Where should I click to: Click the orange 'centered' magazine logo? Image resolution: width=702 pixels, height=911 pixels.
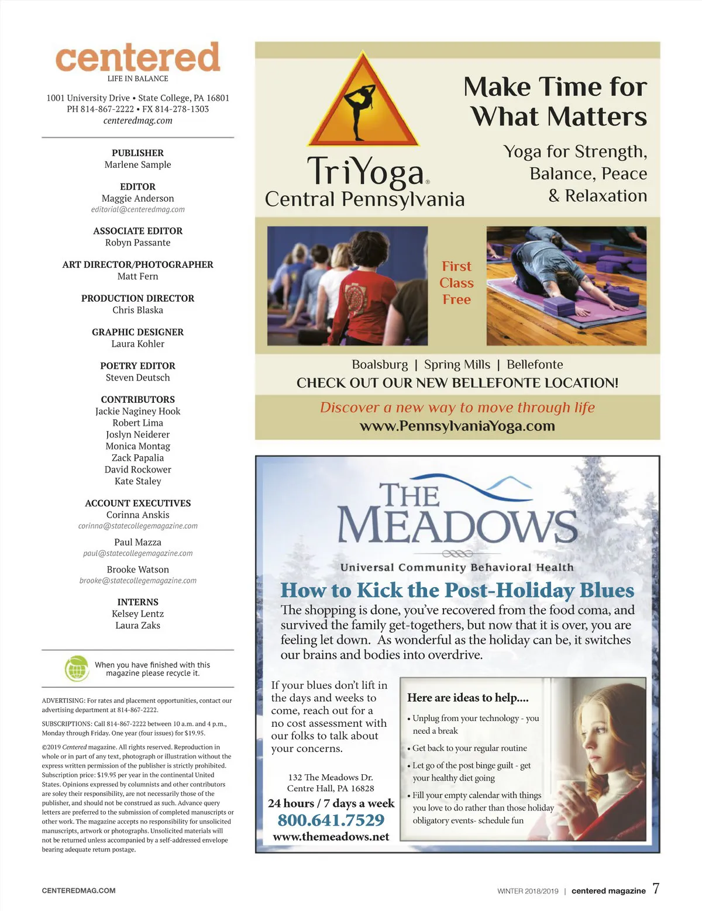(x=137, y=57)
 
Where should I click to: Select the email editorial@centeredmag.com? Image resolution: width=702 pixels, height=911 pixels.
(x=137, y=209)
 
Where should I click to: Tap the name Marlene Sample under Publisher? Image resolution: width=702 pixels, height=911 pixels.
(x=137, y=165)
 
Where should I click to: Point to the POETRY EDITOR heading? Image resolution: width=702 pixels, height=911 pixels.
(x=137, y=365)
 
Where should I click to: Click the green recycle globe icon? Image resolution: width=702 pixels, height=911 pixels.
(x=76, y=668)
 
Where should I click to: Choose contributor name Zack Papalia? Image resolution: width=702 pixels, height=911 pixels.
(x=137, y=458)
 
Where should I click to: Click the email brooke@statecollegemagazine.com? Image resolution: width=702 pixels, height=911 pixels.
(x=137, y=581)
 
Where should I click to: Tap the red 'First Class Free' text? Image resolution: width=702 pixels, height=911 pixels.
(x=456, y=283)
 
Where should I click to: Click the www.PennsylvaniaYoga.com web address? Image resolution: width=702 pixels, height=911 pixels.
(x=457, y=426)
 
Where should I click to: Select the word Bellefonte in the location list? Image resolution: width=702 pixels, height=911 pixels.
(x=535, y=364)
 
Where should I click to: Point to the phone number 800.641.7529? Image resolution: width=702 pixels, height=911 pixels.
(x=331, y=820)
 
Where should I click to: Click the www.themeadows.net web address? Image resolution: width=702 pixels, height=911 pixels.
(x=331, y=837)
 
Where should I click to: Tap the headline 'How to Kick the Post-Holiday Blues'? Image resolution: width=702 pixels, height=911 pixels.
(x=457, y=590)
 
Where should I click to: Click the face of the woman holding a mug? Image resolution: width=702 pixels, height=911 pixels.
(x=597, y=725)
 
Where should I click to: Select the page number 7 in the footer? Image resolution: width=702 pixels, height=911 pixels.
(x=656, y=889)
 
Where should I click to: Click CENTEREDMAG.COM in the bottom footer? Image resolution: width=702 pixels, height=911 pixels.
(x=78, y=891)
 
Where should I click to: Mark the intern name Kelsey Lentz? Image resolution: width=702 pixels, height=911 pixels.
(x=137, y=613)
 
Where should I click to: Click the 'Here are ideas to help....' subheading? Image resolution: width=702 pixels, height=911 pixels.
(x=467, y=698)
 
